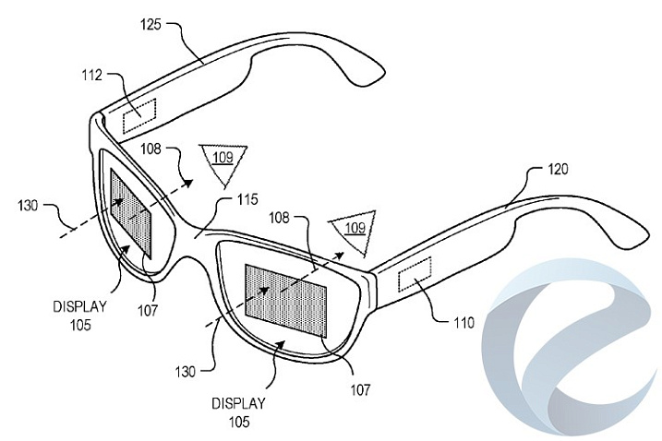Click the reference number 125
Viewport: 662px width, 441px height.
tap(150, 25)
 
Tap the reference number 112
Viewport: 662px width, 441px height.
tap(92, 75)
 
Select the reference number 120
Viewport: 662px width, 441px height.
tap(558, 169)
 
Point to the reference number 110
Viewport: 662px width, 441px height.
tap(464, 323)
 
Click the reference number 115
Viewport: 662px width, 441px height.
tap(247, 199)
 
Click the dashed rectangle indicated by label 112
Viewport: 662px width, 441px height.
tap(139, 115)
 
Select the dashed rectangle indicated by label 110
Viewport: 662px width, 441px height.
tap(415, 274)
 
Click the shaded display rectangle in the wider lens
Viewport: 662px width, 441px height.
tap(286, 301)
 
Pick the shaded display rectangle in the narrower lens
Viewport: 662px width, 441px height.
tap(130, 212)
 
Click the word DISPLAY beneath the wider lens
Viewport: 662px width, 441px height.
tap(238, 404)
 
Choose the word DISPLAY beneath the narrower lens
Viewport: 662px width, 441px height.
tap(79, 306)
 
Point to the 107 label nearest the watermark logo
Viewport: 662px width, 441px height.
tap(360, 390)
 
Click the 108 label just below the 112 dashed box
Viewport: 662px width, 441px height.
tap(150, 149)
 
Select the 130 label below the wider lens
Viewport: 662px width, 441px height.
tap(186, 372)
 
